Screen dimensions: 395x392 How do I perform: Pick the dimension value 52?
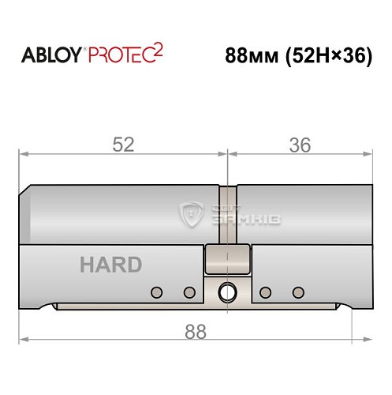124,144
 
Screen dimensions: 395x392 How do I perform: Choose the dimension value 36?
300,144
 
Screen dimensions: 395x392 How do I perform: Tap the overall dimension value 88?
193,332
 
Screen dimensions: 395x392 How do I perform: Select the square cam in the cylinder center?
227,258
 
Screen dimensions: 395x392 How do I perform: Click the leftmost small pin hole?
156,292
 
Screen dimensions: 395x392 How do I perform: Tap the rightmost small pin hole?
297,292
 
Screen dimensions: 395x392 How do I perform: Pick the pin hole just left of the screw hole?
189,292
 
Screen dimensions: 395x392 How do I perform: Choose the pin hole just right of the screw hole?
266,292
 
